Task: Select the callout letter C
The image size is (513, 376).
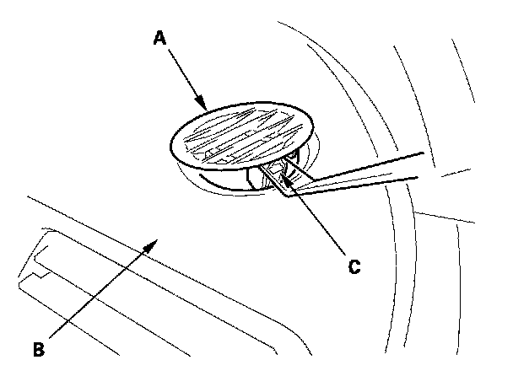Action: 355,266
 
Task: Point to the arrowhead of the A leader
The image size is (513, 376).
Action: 206,109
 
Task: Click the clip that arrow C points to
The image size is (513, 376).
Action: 272,173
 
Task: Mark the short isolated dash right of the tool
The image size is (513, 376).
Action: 456,174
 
